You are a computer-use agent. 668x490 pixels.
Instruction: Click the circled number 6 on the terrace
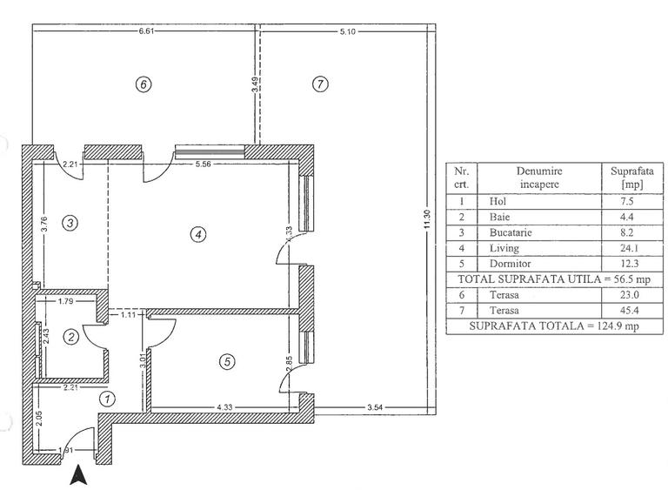coord(144,84)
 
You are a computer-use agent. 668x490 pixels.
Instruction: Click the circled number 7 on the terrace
coord(321,84)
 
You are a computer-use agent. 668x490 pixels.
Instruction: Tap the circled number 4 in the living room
coord(198,234)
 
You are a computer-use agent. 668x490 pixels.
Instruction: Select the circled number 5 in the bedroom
coord(227,362)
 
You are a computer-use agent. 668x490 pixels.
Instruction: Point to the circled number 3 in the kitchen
coord(71,223)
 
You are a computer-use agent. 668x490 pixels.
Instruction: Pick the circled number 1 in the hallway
coord(108,399)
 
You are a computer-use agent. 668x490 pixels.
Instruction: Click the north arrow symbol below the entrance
coord(78,475)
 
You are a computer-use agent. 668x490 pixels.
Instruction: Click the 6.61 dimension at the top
coord(147,30)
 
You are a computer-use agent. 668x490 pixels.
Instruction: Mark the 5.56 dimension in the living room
coord(204,164)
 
